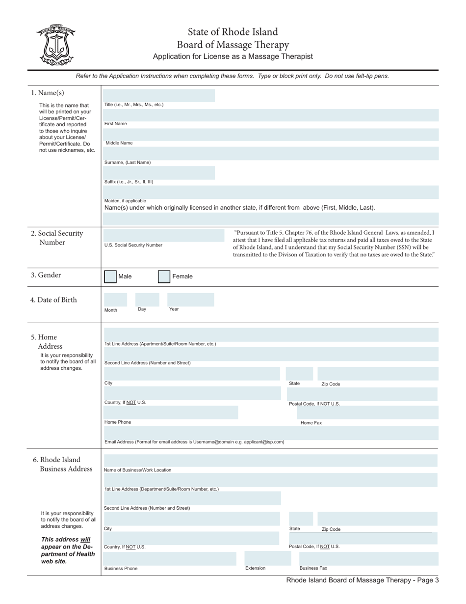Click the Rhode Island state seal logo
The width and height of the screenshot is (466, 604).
coord(55,45)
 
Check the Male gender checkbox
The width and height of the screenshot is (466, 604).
coord(110,276)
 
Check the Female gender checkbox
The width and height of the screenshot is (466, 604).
coord(164,276)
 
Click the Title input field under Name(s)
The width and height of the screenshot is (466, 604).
coord(159,96)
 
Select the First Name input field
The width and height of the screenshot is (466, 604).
coord(271,115)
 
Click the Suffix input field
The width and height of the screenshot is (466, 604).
coord(159,172)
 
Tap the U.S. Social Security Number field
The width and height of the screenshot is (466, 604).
coord(163,235)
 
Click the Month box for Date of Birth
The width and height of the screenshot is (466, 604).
coord(116,300)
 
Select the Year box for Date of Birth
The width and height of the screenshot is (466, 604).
coord(190,300)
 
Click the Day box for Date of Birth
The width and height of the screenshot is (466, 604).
coord(147,300)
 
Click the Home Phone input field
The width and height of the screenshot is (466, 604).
coord(171,412)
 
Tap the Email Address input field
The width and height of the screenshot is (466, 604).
coord(271,433)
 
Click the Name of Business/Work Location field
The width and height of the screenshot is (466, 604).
coord(271,461)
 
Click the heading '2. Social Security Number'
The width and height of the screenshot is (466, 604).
coord(57,238)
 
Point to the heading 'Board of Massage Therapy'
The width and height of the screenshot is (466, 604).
coord(233,45)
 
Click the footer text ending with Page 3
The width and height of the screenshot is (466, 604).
coord(362,580)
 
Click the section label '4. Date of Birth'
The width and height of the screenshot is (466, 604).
coord(53,300)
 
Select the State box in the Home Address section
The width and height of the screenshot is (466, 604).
coord(300,374)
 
